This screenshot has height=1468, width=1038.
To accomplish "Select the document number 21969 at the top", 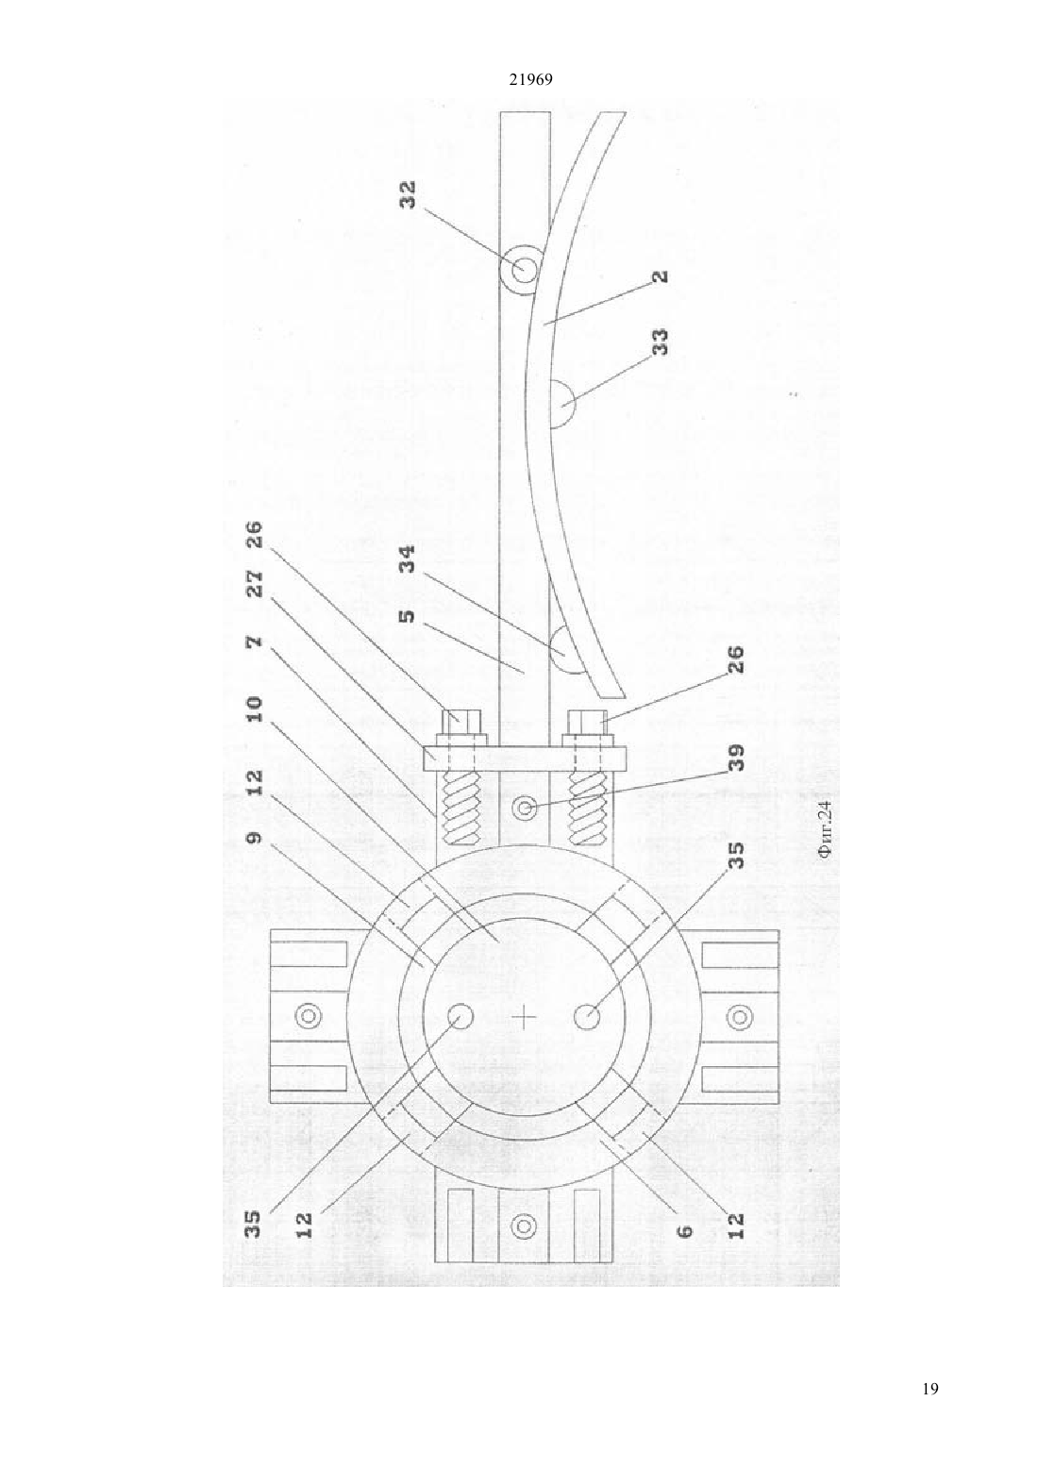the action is (x=530, y=80).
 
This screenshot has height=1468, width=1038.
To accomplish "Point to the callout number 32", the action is (x=408, y=194).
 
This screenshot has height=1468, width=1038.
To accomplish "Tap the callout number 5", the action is (x=408, y=616).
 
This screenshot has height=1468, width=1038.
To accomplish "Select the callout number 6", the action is (x=685, y=1231).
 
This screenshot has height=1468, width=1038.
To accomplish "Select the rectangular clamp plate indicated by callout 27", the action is (x=524, y=758).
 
